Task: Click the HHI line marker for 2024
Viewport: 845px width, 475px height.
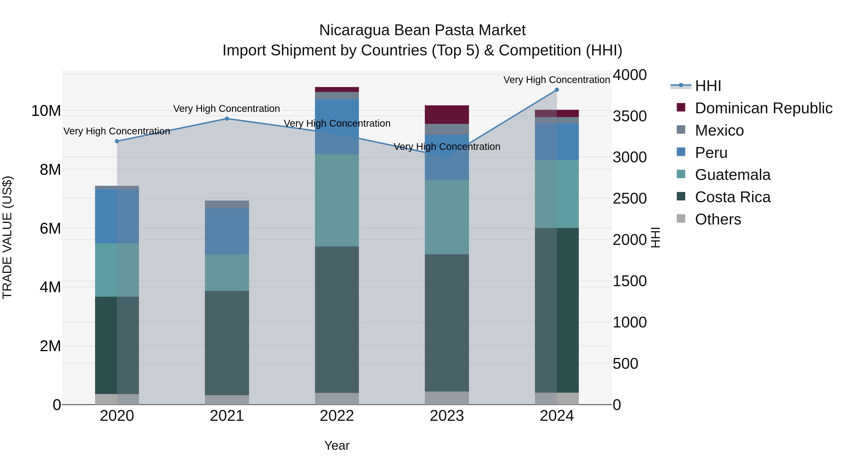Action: pyautogui.click(x=557, y=90)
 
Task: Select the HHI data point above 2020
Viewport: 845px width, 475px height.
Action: pyautogui.click(x=117, y=141)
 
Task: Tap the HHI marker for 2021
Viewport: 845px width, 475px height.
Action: pyautogui.click(x=227, y=119)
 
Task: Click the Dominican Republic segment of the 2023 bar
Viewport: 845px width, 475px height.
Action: pyautogui.click(x=447, y=115)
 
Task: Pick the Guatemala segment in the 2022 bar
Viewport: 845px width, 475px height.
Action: pyautogui.click(x=337, y=200)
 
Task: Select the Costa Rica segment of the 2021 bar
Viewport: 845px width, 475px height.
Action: pyautogui.click(x=227, y=343)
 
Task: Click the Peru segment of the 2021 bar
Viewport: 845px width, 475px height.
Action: pyautogui.click(x=227, y=232)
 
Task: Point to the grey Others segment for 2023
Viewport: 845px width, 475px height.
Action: pyautogui.click(x=447, y=398)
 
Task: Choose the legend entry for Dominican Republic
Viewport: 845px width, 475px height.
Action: pyautogui.click(x=763, y=108)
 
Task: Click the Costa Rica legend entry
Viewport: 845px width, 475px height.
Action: pyautogui.click(x=733, y=197)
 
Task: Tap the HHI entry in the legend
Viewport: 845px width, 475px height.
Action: pyautogui.click(x=708, y=86)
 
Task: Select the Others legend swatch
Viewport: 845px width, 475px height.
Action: pyautogui.click(x=681, y=219)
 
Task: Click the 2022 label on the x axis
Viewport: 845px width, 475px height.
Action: pyautogui.click(x=337, y=416)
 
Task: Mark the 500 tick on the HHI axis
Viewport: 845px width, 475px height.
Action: pyautogui.click(x=625, y=364)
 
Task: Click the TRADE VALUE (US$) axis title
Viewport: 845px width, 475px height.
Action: pyautogui.click(x=7, y=237)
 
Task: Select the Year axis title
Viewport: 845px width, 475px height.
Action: pyautogui.click(x=337, y=445)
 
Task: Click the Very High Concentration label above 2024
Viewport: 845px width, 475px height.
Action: pyautogui.click(x=557, y=80)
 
